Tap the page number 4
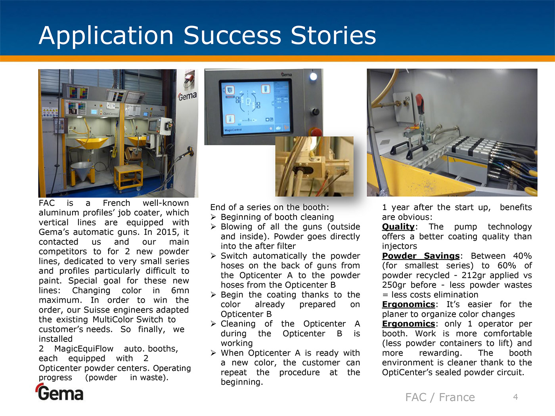pos(515,397)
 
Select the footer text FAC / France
pos(440,397)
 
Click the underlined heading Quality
pos(398,227)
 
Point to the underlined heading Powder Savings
pos(421,256)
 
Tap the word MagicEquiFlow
pos(84,349)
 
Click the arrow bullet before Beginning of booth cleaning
pos(213,217)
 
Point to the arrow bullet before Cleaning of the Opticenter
pos(213,324)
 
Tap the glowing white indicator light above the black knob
pos(313,76)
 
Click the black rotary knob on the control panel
pos(314,111)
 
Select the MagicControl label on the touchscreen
pos(233,130)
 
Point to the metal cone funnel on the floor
pos(82,170)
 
